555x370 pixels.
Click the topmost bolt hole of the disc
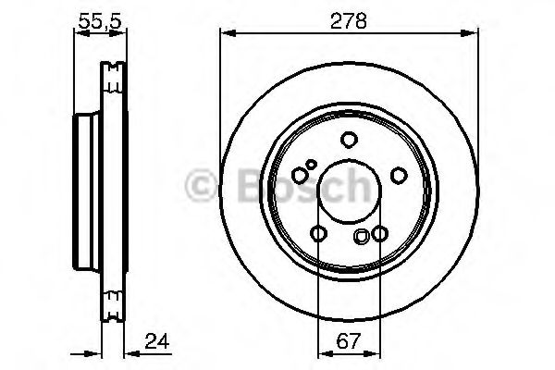[x=349, y=140]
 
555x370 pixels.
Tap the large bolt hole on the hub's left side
[x=299, y=175]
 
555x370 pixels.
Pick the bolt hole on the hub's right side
[x=399, y=174]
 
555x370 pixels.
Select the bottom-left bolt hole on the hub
[x=318, y=234]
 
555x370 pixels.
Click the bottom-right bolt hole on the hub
[x=379, y=234]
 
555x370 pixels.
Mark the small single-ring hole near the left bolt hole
[x=312, y=166]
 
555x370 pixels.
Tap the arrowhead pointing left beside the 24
[x=127, y=352]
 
